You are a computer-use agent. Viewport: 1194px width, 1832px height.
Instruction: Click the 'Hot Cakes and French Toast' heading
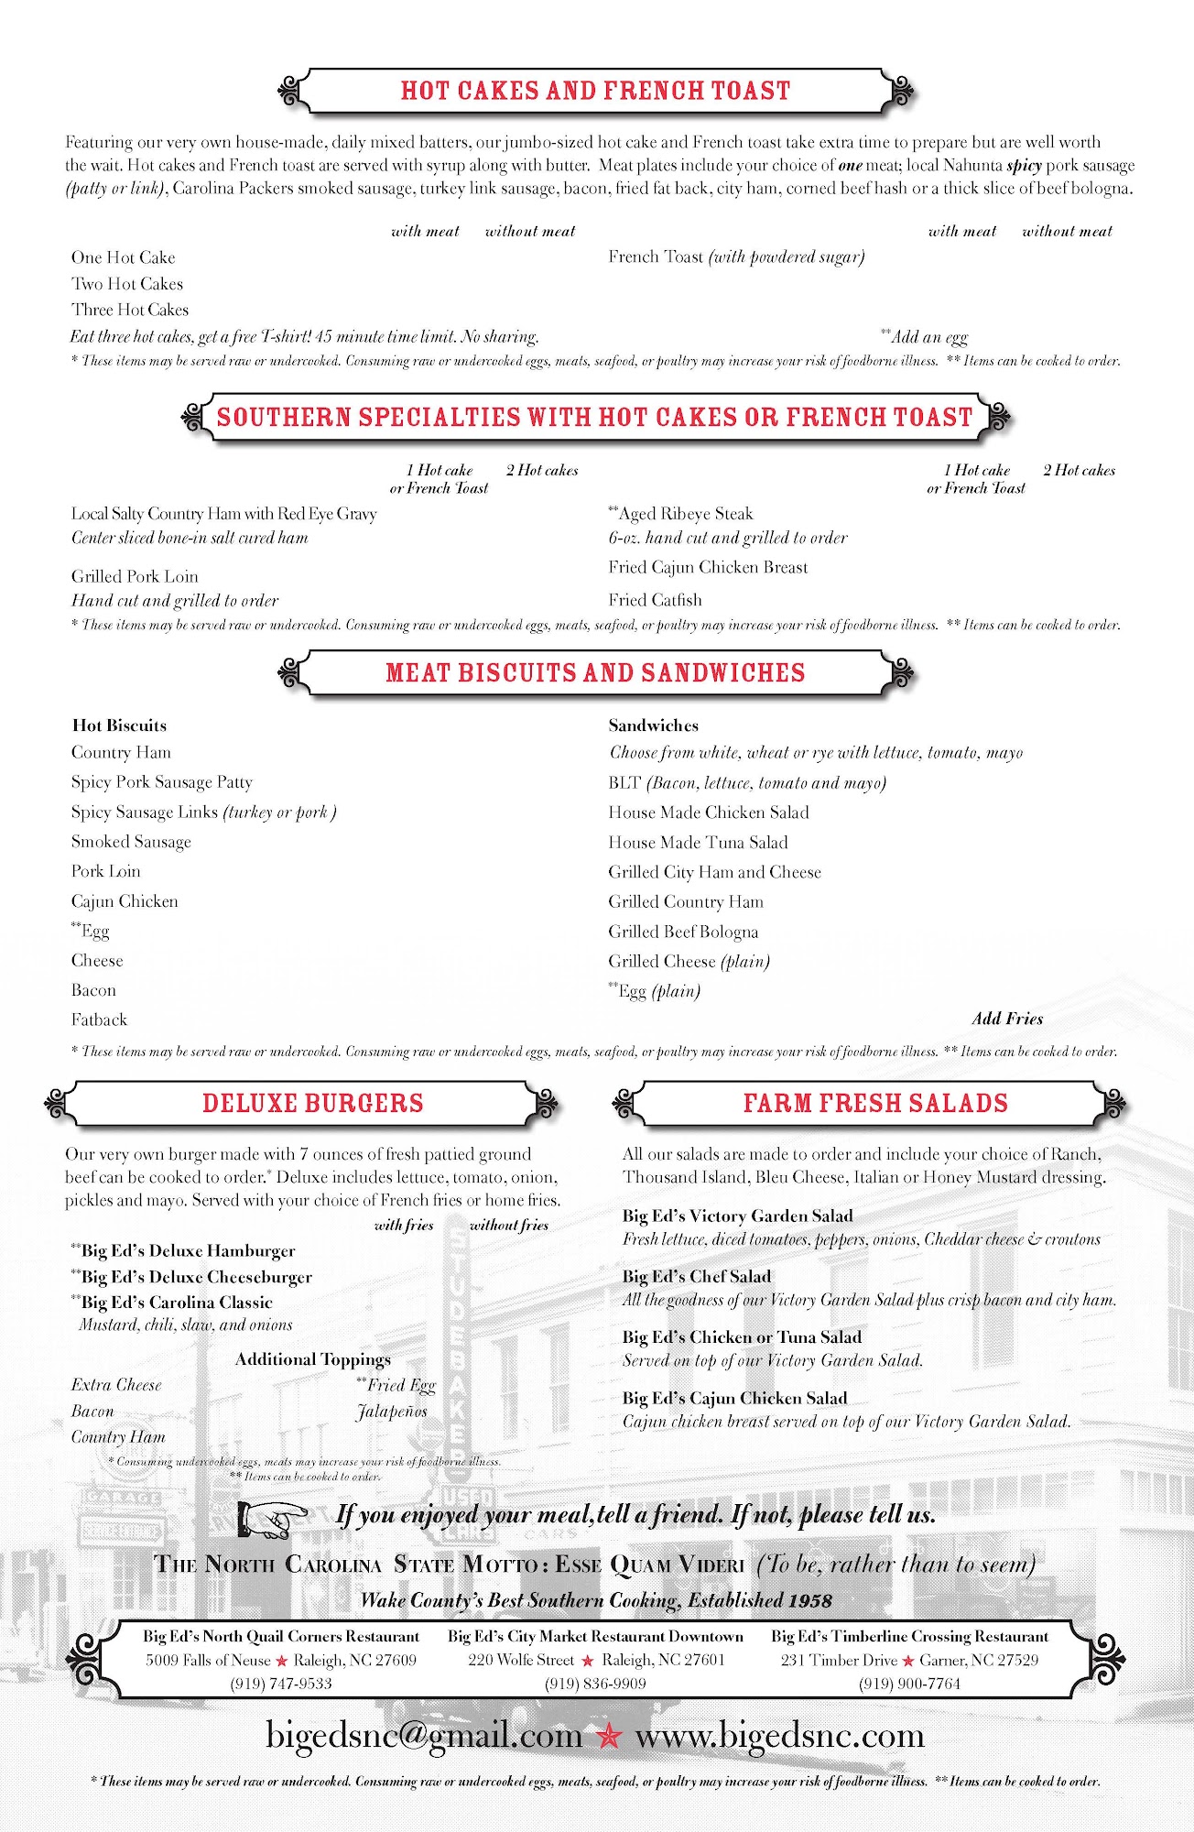click(x=595, y=91)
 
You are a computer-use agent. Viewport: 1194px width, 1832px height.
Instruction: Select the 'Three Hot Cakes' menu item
click(x=130, y=310)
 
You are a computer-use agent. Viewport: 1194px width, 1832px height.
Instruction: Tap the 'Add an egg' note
click(x=927, y=336)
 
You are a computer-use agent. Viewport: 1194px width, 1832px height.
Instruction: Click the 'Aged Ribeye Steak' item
click(x=682, y=514)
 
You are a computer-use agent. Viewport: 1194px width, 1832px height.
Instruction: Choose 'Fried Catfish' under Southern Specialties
click(x=655, y=600)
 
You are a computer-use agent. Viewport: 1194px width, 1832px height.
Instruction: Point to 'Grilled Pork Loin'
click(x=135, y=576)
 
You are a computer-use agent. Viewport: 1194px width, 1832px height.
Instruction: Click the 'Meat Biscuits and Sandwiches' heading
click(x=595, y=672)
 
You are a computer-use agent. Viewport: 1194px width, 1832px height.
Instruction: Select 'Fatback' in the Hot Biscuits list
click(x=99, y=1020)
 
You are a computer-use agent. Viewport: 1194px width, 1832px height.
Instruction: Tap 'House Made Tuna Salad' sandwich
click(x=698, y=842)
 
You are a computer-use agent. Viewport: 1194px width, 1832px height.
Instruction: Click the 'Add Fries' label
click(x=1007, y=1019)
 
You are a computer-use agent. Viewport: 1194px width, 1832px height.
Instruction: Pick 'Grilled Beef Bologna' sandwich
click(x=683, y=932)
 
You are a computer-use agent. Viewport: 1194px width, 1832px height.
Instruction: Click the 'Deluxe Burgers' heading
click(x=312, y=1103)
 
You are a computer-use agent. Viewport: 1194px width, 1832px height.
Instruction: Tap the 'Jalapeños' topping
click(x=392, y=1411)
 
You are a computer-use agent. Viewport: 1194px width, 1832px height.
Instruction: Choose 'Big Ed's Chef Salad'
click(x=697, y=1276)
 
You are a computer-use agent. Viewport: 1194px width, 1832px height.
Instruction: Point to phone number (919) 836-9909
click(x=595, y=1683)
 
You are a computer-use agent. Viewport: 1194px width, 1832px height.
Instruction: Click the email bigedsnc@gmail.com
click(x=424, y=1735)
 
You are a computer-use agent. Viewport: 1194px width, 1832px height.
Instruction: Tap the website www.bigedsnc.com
click(x=780, y=1735)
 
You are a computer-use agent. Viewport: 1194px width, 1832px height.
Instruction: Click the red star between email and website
click(x=609, y=1735)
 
